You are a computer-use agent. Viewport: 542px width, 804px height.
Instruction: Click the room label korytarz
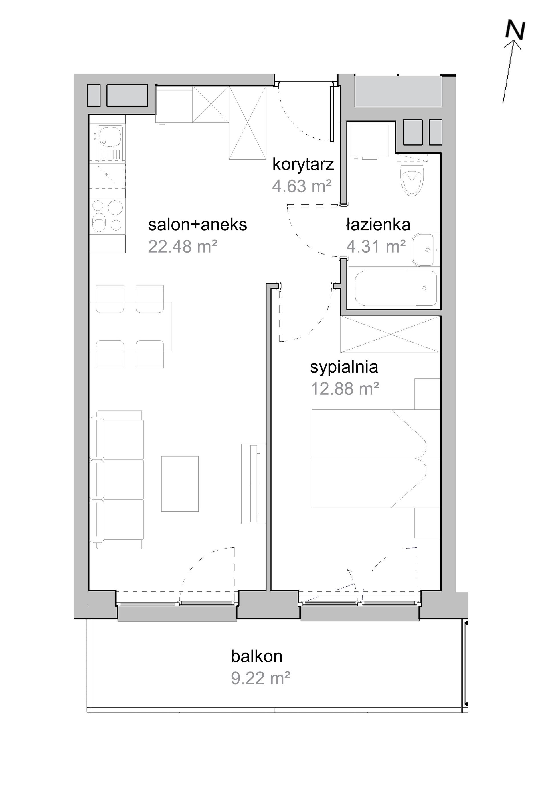pos(303,165)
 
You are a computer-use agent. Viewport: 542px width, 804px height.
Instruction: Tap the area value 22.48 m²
pos(183,247)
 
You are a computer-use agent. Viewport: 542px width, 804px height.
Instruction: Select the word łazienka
pos(378,225)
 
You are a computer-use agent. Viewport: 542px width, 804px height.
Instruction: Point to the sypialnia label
pos(344,367)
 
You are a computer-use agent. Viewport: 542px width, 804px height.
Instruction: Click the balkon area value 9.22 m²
pos(260,678)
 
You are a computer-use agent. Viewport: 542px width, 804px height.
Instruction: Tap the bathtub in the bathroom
pos(396,288)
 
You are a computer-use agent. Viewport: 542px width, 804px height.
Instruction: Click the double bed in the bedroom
pos(376,459)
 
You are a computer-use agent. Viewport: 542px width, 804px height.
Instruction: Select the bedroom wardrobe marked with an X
pos(391,334)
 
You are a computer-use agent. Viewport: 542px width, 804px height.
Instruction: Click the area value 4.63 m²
pos(302,186)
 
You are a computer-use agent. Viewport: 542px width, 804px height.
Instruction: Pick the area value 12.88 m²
pos(345,389)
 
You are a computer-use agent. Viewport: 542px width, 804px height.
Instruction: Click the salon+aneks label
pos(198,225)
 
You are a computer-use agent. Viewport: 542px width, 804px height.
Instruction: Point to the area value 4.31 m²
pos(376,247)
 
